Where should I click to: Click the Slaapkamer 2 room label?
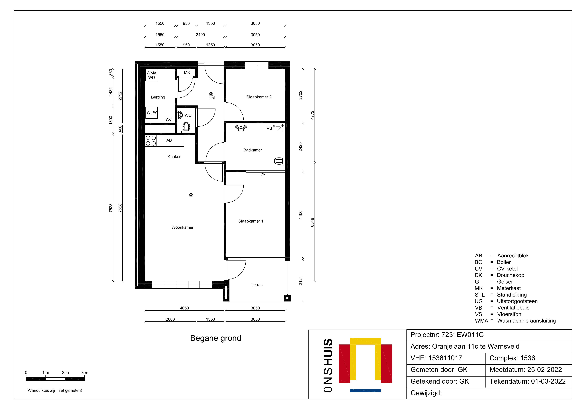tap(259, 97)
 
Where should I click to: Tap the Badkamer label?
tap(253, 150)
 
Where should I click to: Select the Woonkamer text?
tap(182, 227)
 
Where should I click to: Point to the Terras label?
tap(257, 285)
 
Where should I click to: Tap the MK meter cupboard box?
tap(187, 73)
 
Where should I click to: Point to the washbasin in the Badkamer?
tap(241, 127)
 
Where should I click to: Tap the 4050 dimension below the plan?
tap(184, 308)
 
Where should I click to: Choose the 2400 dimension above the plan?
tap(200, 35)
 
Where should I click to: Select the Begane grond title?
tap(216, 338)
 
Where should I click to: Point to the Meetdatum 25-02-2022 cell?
tap(526, 370)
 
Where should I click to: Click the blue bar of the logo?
tap(365, 391)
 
